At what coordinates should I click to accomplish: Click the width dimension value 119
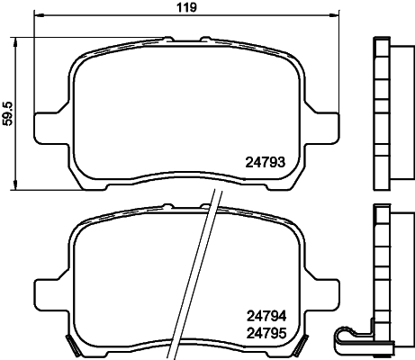[186, 7]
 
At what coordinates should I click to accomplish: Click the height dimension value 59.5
[8, 113]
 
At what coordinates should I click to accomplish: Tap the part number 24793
[265, 163]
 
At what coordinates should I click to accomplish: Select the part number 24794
[266, 316]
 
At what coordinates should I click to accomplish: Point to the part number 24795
[266, 333]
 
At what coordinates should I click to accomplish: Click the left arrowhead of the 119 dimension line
[40, 14]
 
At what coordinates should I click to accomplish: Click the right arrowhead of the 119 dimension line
[335, 14]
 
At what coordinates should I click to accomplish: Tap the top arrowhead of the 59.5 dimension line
[15, 42]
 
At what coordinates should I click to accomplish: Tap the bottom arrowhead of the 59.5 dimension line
[15, 185]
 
